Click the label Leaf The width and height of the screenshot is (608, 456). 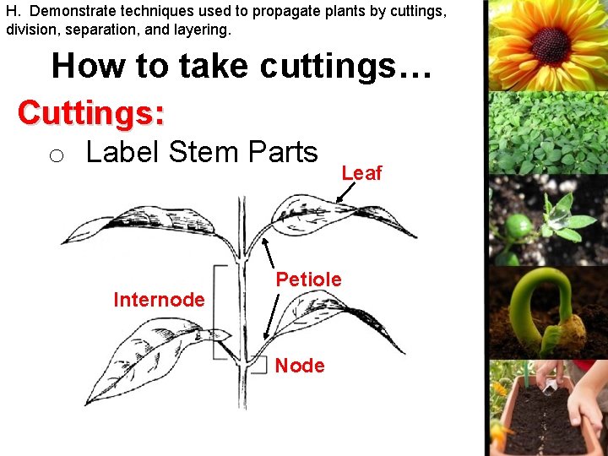(361, 173)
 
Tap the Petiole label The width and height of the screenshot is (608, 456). (309, 280)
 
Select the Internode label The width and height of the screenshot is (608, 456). (159, 300)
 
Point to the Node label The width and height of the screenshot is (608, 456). (300, 366)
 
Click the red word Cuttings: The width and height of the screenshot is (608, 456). (91, 112)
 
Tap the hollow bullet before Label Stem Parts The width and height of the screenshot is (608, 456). (56, 155)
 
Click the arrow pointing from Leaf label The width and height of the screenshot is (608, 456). (345, 193)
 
